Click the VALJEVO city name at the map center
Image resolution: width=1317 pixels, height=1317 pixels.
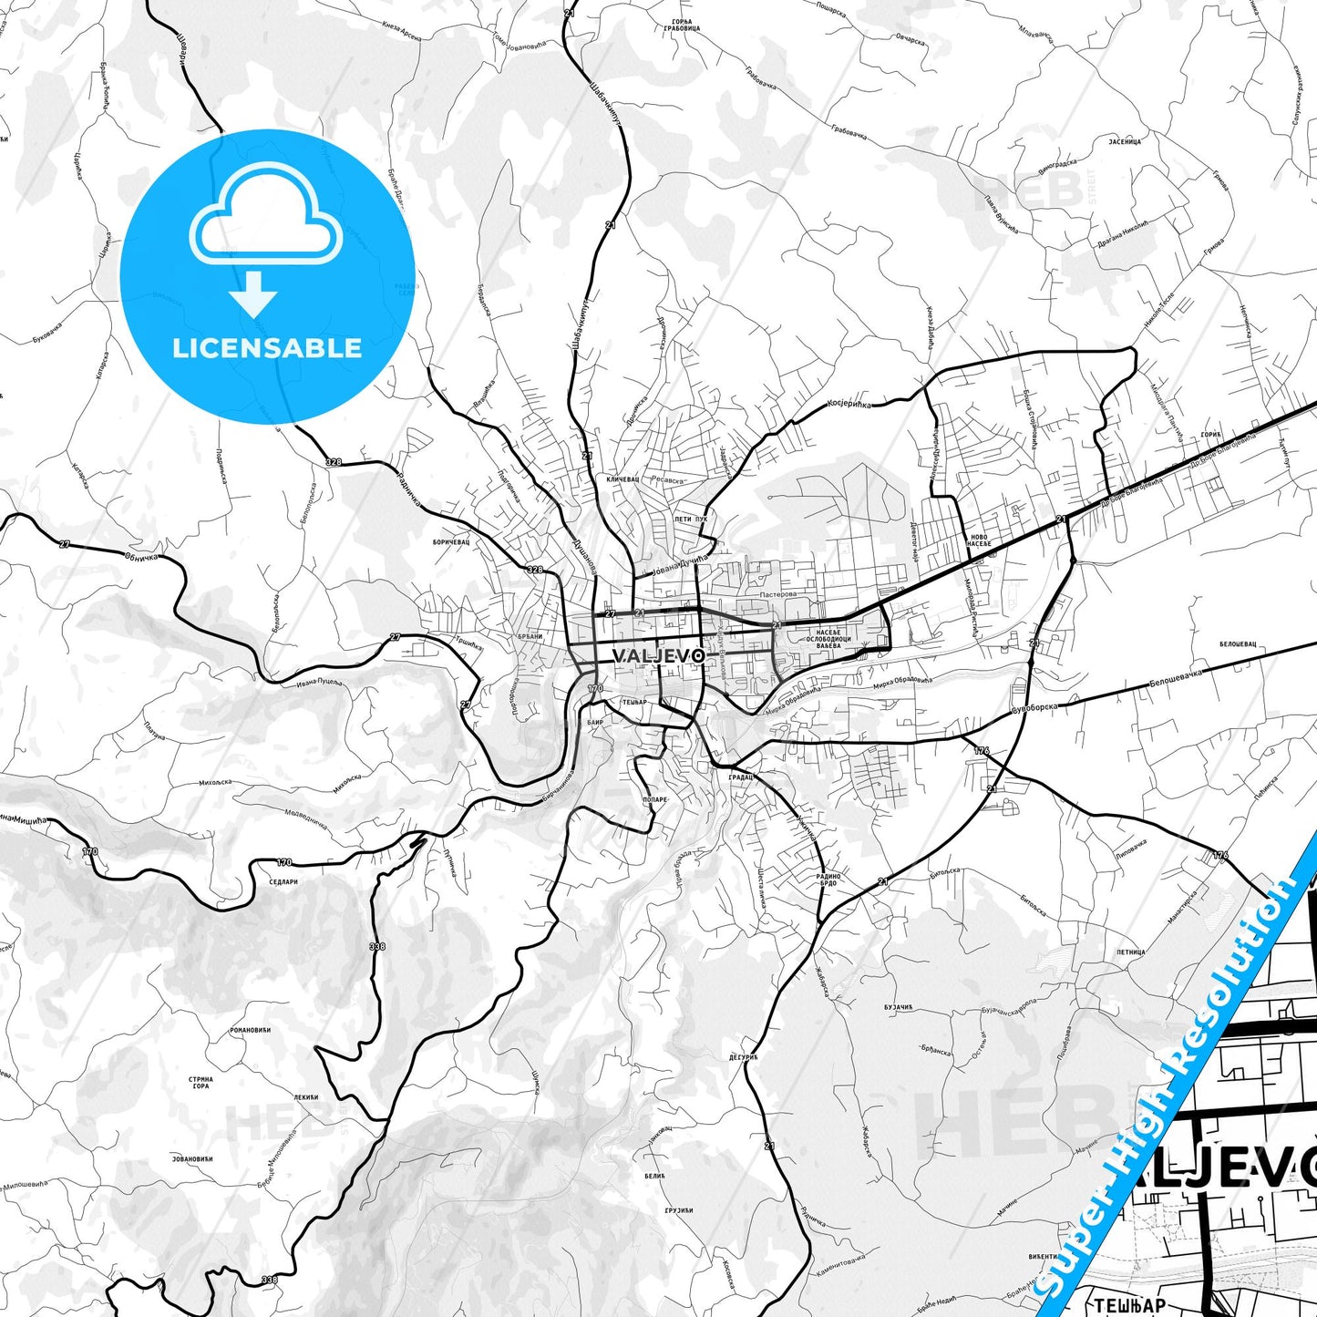657,655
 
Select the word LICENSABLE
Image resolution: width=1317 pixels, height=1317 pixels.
267,348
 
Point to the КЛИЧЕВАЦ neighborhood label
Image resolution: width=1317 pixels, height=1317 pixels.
623,478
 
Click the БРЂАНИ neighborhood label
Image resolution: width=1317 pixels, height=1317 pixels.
530,636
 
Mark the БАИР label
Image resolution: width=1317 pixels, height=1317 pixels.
597,721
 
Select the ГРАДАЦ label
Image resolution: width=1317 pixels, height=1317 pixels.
740,777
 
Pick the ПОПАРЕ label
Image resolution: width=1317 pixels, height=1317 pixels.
655,799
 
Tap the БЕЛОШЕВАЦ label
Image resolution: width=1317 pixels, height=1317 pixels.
1238,643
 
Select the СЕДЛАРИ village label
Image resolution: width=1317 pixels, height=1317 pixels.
284,881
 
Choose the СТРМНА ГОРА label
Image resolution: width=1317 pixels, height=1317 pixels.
201,1082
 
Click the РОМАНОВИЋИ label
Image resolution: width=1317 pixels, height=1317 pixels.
249,1029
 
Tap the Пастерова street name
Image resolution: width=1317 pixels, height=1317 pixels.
777,593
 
